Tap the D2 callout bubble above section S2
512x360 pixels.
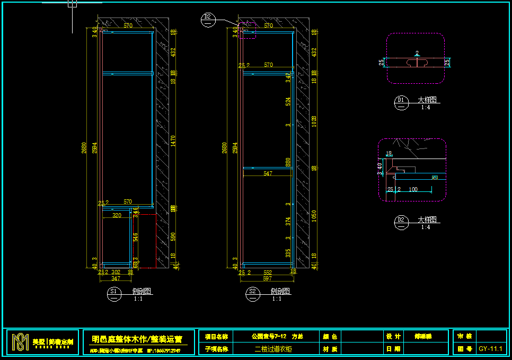click(208, 19)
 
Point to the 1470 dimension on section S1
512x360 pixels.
click(173, 141)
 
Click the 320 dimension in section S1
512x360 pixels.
click(117, 215)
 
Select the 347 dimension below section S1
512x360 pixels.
click(116, 278)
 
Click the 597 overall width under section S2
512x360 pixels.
click(267, 278)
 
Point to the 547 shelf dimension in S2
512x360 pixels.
click(268, 173)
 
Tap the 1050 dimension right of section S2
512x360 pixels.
click(314, 216)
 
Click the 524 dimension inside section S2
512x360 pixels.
click(288, 101)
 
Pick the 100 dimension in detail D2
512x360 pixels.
click(413, 189)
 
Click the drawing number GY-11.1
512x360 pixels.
click(491, 349)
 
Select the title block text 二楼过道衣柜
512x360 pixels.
click(273, 349)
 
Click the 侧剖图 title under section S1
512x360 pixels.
click(142, 291)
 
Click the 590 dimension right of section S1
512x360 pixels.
click(173, 235)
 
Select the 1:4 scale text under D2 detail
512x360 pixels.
click(426, 227)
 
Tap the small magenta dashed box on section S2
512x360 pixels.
click(248, 30)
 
